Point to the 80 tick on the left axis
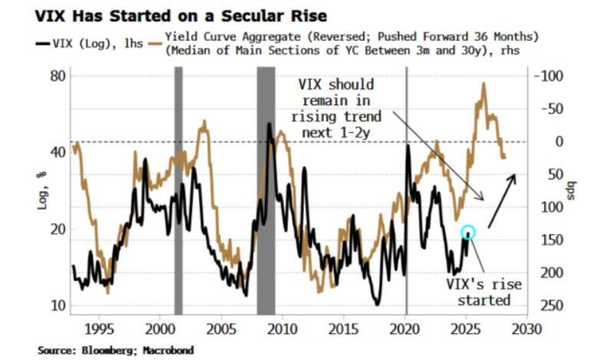click(x=59, y=76)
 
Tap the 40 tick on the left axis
click(x=59, y=152)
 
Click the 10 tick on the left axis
click(x=59, y=305)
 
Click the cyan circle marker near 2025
click(x=468, y=232)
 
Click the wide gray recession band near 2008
click(x=266, y=191)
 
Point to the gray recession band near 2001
click(x=178, y=191)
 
